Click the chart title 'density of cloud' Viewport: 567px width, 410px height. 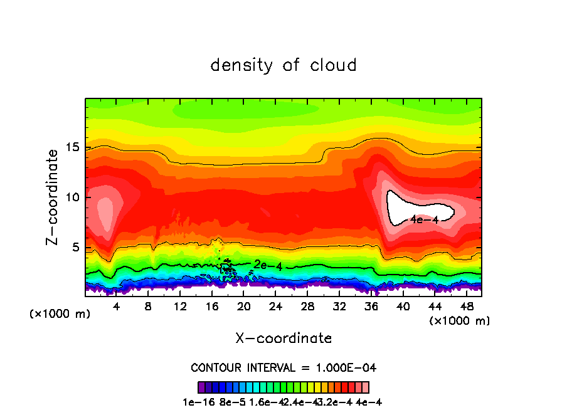pos(283,65)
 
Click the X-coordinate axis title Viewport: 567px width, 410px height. pos(283,339)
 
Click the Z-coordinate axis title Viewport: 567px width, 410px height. pos(53,196)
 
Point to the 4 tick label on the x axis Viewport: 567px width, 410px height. pos(117,307)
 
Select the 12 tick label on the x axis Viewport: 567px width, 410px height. pos(180,307)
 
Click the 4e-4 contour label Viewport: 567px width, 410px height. pos(424,219)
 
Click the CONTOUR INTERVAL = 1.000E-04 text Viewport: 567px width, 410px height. pos(283,367)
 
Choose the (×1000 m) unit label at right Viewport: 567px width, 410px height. pos(460,321)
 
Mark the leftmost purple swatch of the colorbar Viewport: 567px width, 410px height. pos(201,387)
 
